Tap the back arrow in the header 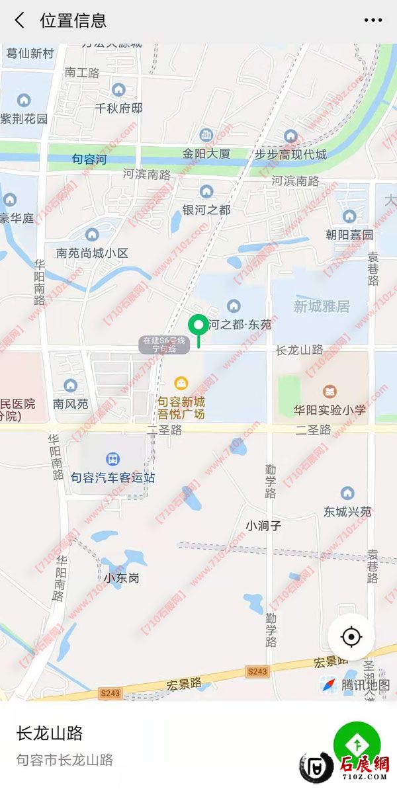[20, 21]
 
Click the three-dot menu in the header [373, 21]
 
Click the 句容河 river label [89, 159]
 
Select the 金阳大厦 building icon [206, 136]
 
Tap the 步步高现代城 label [290, 155]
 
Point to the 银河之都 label [206, 210]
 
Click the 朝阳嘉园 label [349, 235]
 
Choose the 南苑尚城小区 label [92, 253]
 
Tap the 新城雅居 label [322, 306]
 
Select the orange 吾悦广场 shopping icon [181, 383]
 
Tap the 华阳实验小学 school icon [330, 392]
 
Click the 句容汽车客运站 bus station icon [113, 459]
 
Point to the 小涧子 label [263, 526]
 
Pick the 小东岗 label [121, 577]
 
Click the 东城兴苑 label [347, 512]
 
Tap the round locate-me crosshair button [351, 638]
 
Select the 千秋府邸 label [119, 108]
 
